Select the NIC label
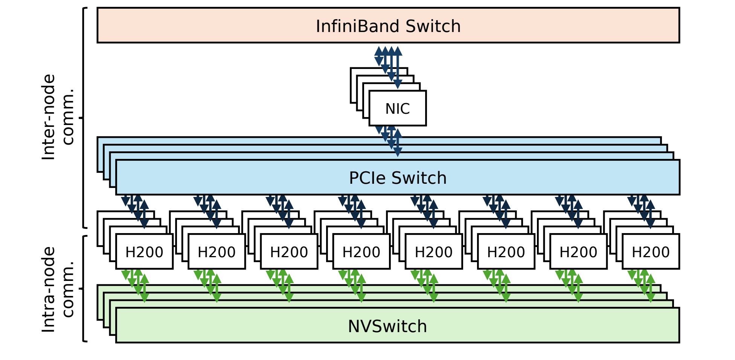(397, 109)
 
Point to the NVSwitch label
(387, 326)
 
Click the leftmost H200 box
(144, 252)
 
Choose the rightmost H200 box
(650, 252)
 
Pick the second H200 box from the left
(217, 252)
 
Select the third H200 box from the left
(289, 252)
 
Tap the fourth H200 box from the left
(361, 252)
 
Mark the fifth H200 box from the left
(433, 252)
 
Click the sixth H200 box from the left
(506, 252)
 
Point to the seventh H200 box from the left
(578, 252)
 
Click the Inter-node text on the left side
(49, 117)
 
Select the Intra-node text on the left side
(49, 289)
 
